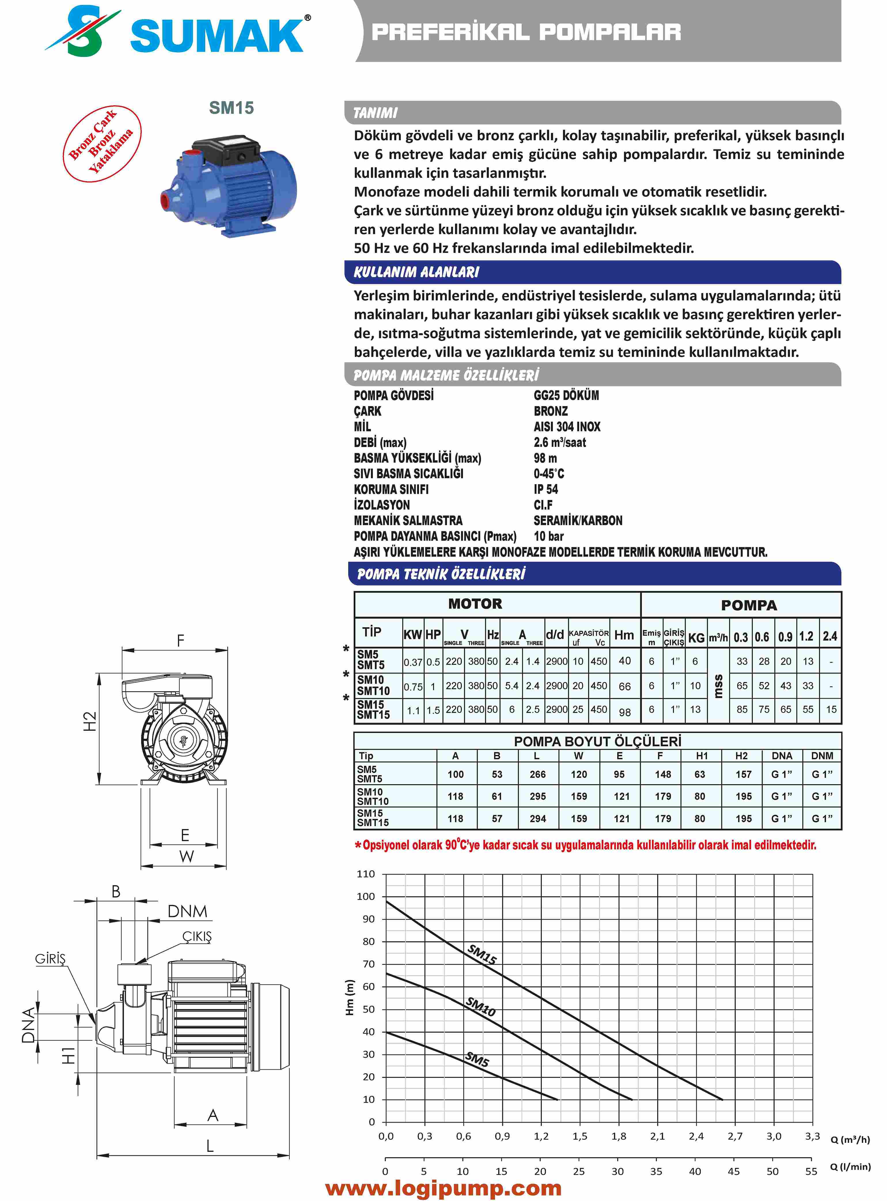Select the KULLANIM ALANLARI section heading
[x=416, y=272]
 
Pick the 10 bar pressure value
[x=548, y=536]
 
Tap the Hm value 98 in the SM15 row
[x=624, y=712]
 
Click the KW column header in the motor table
[x=412, y=634]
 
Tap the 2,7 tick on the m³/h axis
[x=735, y=1136]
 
